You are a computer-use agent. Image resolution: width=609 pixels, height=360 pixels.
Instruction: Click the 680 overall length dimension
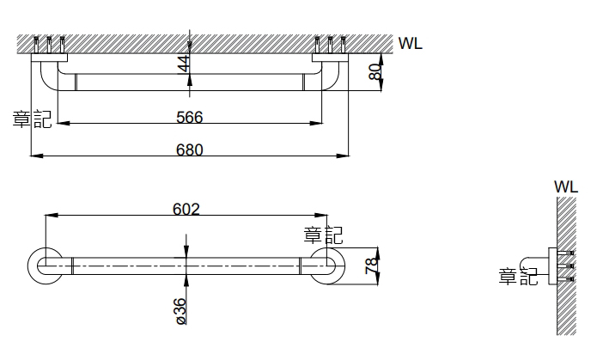tap(190, 149)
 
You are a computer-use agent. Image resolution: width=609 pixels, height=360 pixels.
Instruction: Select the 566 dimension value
tap(190, 117)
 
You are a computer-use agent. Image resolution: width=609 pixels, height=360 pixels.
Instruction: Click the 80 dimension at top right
tap(374, 72)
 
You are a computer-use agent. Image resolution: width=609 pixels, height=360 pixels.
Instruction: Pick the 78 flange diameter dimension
tap(370, 265)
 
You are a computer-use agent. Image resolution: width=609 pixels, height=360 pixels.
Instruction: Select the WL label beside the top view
tap(411, 43)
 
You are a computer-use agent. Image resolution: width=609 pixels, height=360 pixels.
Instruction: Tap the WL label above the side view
tap(566, 186)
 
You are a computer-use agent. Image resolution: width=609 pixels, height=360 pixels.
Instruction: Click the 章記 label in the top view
tap(32, 119)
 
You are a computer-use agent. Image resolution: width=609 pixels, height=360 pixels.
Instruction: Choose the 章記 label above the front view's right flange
tap(323, 234)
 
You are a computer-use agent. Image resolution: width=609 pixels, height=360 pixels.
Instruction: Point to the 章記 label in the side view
tap(518, 276)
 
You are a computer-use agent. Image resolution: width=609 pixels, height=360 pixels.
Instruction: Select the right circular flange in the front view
tap(327, 265)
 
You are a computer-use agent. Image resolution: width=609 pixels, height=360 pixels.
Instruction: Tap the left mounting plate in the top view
tap(50, 58)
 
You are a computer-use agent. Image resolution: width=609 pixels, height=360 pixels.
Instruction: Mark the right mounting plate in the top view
tap(331, 58)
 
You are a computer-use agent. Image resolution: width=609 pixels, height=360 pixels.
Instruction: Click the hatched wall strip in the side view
tap(566, 266)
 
